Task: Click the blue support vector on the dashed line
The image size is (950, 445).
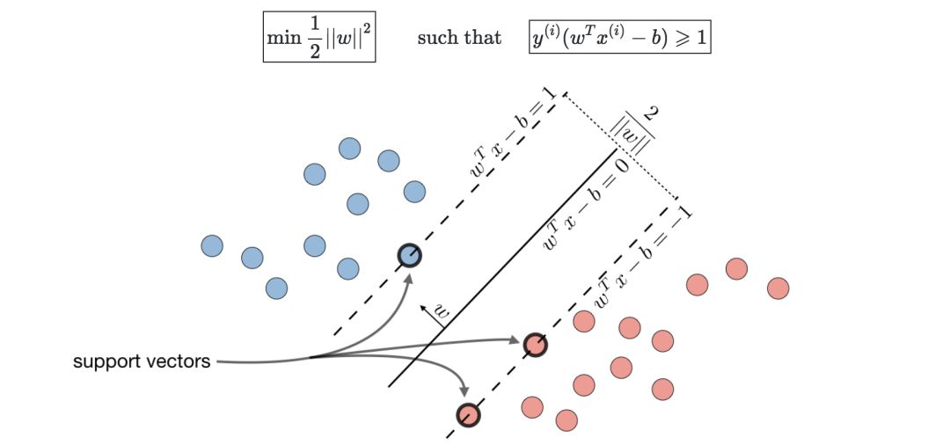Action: tap(409, 256)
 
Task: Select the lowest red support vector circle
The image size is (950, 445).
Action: tap(468, 414)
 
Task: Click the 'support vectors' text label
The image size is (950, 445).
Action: tap(142, 361)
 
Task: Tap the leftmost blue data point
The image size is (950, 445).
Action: tap(212, 245)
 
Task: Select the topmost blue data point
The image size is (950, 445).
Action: tap(349, 148)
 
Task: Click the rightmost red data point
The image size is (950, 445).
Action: tap(778, 288)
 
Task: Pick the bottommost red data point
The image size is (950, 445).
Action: tap(566, 419)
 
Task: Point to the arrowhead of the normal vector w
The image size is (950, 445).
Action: tap(423, 304)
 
